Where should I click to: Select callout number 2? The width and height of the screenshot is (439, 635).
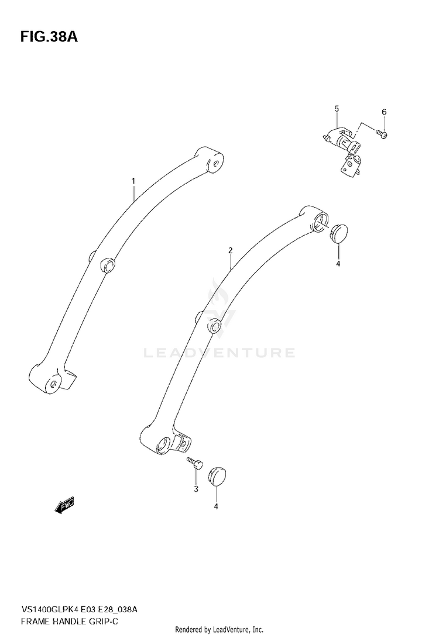[231, 250]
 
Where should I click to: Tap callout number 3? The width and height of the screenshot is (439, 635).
[196, 489]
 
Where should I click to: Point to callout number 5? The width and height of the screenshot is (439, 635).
[337, 109]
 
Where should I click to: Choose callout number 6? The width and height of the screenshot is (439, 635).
[384, 112]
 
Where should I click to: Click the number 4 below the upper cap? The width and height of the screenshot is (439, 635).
[338, 264]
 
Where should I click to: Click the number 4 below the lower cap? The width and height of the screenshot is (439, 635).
[215, 506]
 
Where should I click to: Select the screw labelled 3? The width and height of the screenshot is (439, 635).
[194, 464]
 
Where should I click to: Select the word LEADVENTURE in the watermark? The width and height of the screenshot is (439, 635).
[219, 352]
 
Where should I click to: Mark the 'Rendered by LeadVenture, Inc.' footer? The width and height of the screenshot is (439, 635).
[220, 629]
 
